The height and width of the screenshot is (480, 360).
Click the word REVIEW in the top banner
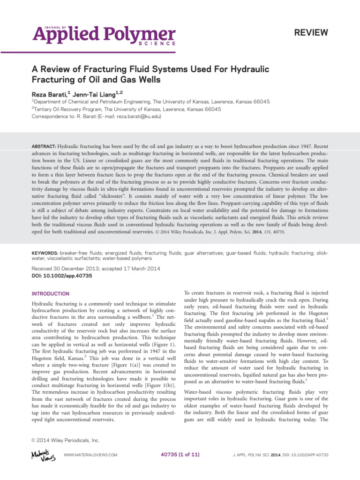(310, 32)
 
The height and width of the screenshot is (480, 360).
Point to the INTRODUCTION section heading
(50, 294)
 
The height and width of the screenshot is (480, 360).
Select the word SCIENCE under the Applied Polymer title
(157, 43)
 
